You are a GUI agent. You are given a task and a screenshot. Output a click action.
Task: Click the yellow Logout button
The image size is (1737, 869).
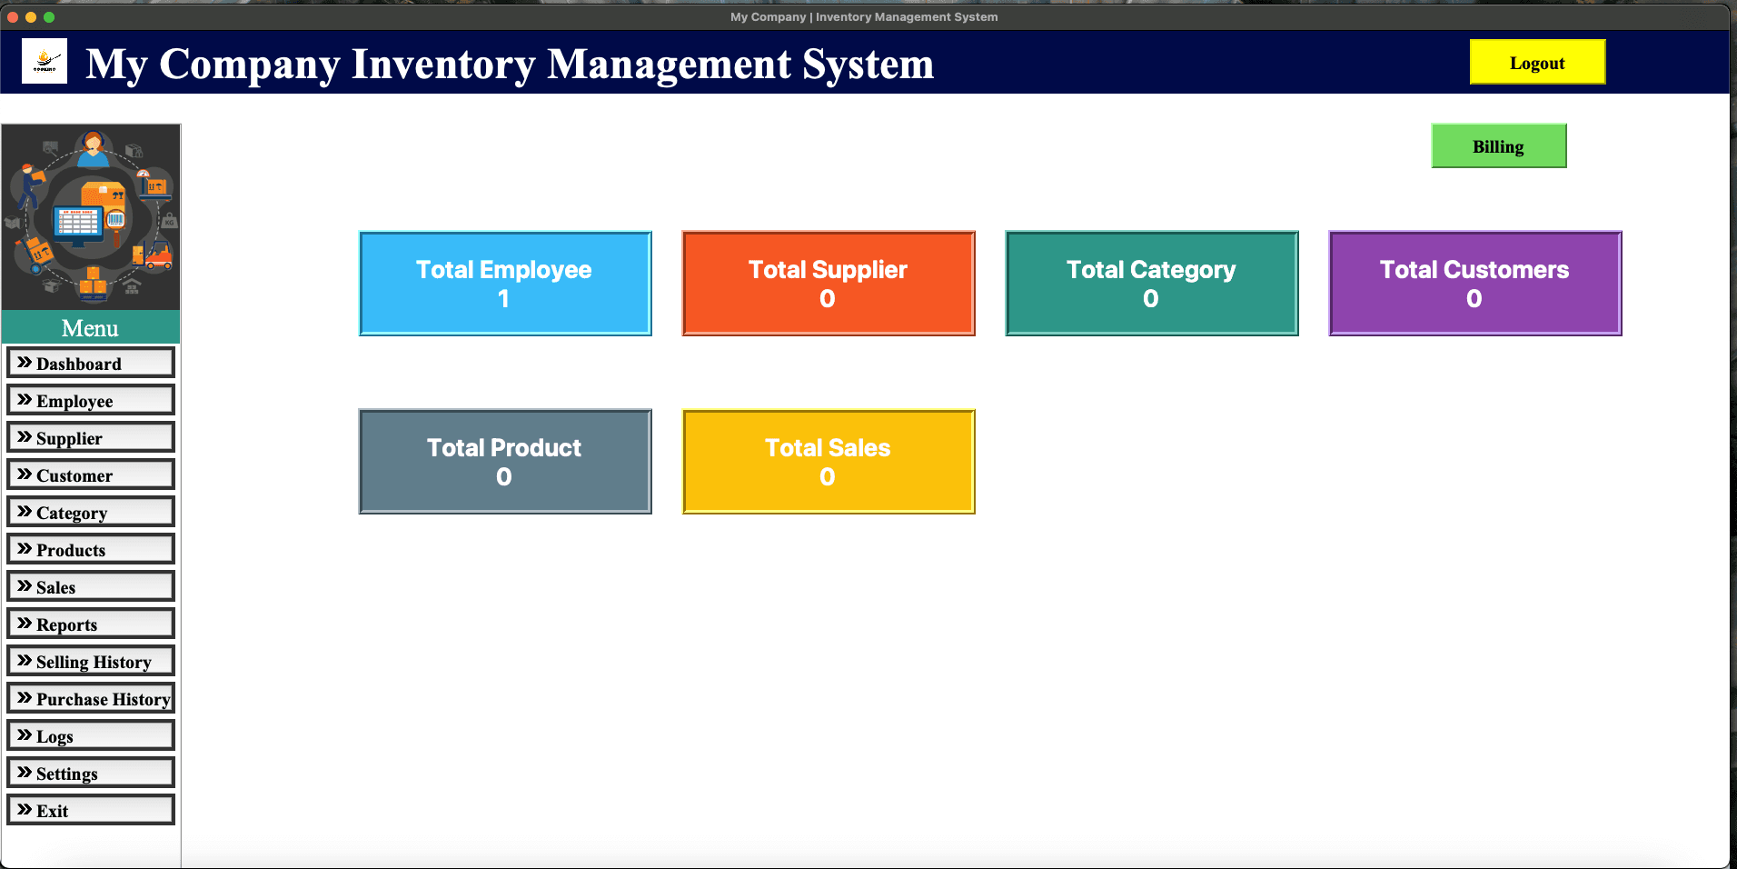[x=1537, y=63]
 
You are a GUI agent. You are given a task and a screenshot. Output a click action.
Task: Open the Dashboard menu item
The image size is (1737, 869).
[x=91, y=363]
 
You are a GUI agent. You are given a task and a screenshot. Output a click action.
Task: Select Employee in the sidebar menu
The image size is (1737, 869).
[x=91, y=400]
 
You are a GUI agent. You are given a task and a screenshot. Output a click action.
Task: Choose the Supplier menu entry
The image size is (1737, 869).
[x=91, y=437]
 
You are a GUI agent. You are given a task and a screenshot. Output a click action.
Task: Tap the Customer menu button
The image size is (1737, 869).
[x=91, y=474]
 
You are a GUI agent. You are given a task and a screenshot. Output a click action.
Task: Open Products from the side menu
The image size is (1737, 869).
[x=91, y=549]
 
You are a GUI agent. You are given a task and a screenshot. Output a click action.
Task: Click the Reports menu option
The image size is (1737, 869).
[x=91, y=624]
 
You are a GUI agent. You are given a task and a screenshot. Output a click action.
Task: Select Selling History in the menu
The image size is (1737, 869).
[x=91, y=661]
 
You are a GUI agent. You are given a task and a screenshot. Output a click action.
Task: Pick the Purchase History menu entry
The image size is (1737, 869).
[x=91, y=698]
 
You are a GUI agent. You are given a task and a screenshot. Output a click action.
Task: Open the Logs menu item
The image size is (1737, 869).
[x=91, y=735]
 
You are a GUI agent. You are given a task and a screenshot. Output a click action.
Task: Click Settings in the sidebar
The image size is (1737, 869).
[x=91, y=773]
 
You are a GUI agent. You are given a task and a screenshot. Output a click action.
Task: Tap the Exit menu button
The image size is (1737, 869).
[x=91, y=810]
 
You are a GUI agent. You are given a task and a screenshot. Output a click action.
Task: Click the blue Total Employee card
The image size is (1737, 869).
[x=505, y=284]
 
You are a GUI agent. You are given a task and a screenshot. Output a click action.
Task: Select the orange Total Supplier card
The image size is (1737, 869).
[x=829, y=284]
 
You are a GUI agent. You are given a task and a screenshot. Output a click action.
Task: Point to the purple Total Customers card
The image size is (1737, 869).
[x=1474, y=284]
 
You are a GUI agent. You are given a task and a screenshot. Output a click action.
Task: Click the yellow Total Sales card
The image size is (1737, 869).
[x=829, y=462]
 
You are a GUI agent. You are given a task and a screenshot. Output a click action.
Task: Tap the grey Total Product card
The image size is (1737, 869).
[x=505, y=462]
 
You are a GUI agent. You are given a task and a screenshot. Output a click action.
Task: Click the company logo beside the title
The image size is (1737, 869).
[x=45, y=62]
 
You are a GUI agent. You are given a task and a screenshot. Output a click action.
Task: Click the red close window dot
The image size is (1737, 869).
[x=13, y=17]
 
